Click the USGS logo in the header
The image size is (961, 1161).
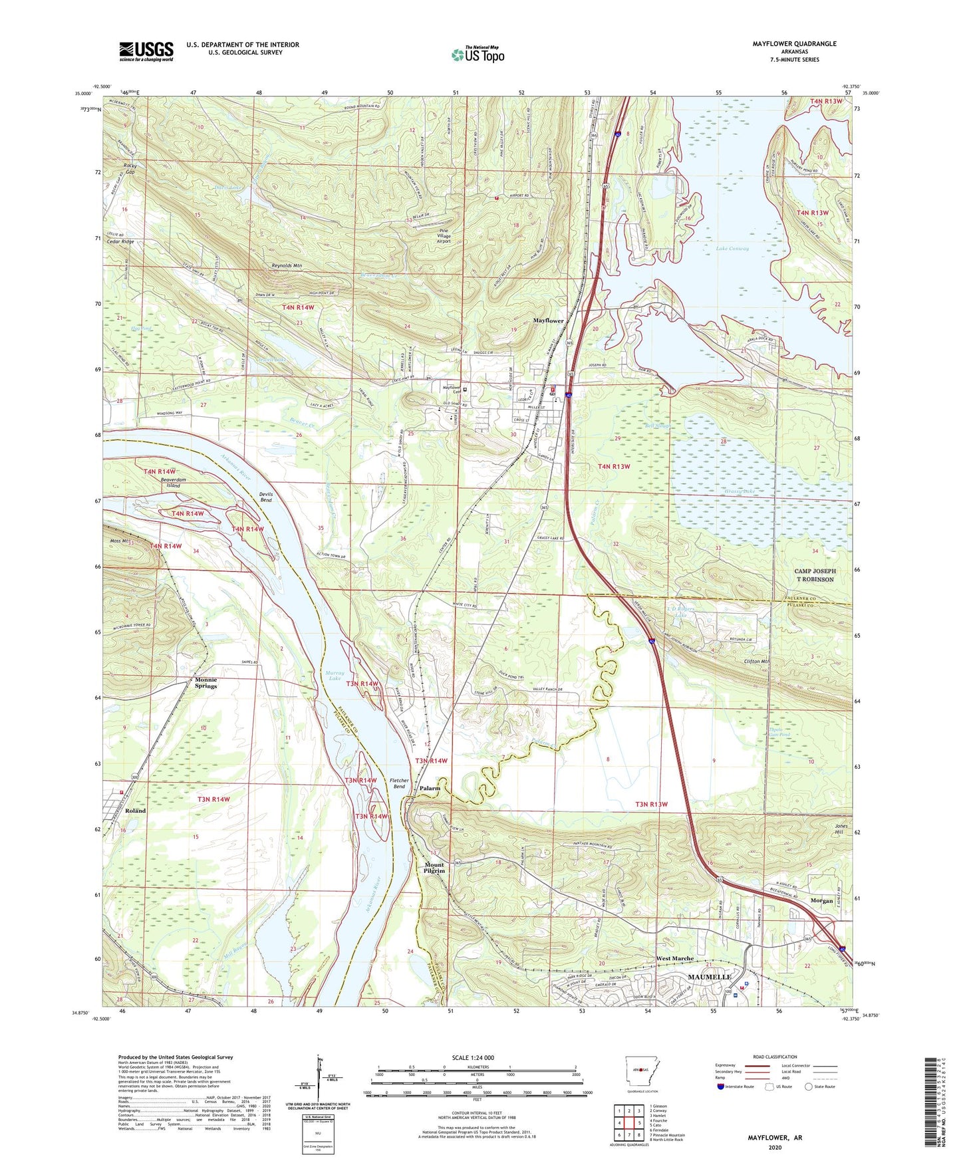point(146,51)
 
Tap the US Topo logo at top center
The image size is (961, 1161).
point(478,55)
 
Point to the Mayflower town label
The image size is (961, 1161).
point(548,321)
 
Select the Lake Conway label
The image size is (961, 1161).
point(732,249)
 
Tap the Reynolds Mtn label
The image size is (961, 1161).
point(287,265)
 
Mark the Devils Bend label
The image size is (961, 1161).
point(265,497)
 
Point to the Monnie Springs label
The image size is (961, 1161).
point(206,683)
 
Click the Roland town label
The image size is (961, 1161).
point(135,811)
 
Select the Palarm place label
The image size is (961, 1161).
point(430,788)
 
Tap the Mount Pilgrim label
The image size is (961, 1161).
point(434,868)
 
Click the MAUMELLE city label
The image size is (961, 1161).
point(709,977)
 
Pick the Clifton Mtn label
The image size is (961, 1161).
point(756,662)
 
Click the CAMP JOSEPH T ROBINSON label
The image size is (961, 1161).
point(815,575)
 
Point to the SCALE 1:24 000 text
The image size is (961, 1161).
point(472,1057)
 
